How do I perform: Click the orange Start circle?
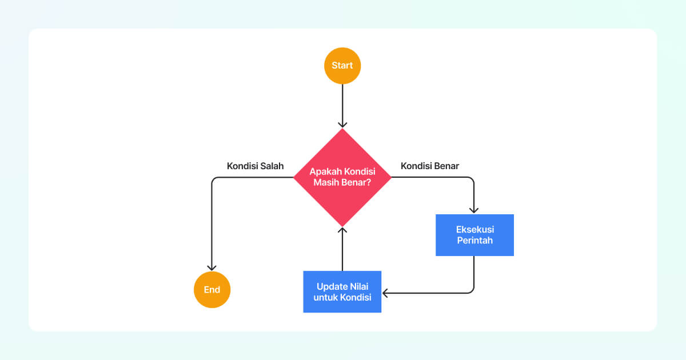coord(342,66)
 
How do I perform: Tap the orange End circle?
coord(212,290)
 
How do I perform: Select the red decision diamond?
coord(342,177)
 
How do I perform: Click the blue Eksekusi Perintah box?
coord(474,235)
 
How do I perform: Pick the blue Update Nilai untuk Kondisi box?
coord(342,291)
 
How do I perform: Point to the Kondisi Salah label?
coord(255,166)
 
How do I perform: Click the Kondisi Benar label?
coord(430,166)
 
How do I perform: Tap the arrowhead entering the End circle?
coord(212,267)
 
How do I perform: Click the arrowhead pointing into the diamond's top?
coord(342,124)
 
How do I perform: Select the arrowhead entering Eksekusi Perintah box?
coord(474,210)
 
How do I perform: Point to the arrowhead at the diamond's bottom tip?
coord(342,230)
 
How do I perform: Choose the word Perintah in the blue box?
coord(474,241)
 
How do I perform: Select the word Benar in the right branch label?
coord(446,166)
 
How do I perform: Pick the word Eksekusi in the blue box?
coord(474,229)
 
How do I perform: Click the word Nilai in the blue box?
coord(359,286)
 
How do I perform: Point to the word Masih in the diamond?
coord(327,183)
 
